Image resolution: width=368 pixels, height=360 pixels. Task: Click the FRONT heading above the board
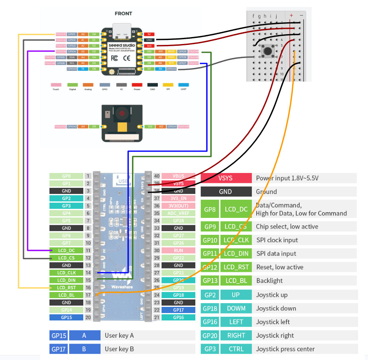pyautogui.click(x=123, y=14)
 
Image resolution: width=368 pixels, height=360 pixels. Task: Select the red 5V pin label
pyautogui.click(x=150, y=34)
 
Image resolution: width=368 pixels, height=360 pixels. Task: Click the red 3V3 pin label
pyautogui.click(x=150, y=46)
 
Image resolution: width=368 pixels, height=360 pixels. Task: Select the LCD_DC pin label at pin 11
pyautogui.click(x=66, y=250)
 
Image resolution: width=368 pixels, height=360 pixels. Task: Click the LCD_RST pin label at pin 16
pyautogui.click(x=66, y=288)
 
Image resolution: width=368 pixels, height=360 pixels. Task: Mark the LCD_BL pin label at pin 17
pyautogui.click(x=66, y=295)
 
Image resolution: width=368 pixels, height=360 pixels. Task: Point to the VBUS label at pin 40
pyautogui.click(x=178, y=176)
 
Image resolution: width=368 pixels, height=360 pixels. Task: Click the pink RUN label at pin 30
pyautogui.click(x=178, y=250)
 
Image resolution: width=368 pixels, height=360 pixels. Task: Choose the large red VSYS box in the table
pyautogui.click(x=226, y=178)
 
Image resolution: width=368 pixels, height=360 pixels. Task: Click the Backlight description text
pyautogui.click(x=270, y=281)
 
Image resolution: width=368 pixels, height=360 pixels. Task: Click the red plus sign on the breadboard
pyautogui.click(x=291, y=15)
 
